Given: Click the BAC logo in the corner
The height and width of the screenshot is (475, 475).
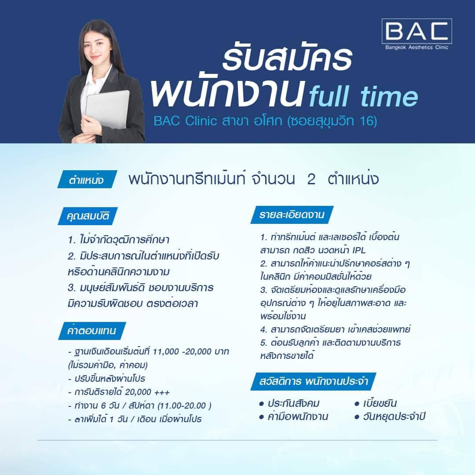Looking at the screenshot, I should point(417,34).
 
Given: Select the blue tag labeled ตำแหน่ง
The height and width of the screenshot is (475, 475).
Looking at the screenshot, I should point(87,180).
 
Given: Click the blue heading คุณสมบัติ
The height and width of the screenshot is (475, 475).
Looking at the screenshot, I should point(89,216).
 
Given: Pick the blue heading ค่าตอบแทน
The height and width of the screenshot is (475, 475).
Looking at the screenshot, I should point(92,330).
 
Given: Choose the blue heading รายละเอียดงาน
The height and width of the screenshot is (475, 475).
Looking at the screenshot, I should point(292,215).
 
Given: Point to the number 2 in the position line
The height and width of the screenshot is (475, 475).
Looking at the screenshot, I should point(311,179).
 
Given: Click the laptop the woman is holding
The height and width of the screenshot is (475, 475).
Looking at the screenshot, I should point(108,109).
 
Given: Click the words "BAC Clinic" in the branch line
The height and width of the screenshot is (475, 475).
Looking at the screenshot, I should point(183,121).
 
